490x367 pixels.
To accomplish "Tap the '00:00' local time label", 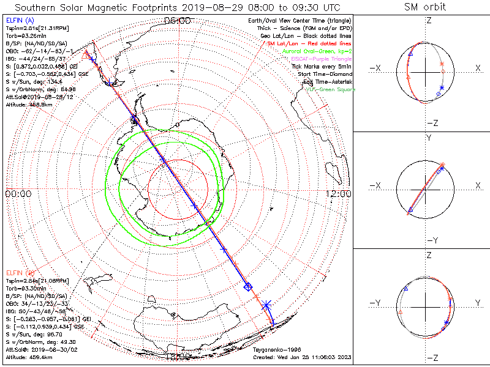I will [18, 194].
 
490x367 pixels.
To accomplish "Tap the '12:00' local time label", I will [338, 194].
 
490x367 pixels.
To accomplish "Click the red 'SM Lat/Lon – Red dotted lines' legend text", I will [310, 44].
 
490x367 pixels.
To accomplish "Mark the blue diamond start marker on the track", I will [248, 286].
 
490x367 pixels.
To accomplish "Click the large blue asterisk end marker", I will [266, 304].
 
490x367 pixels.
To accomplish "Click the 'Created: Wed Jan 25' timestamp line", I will [302, 357].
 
